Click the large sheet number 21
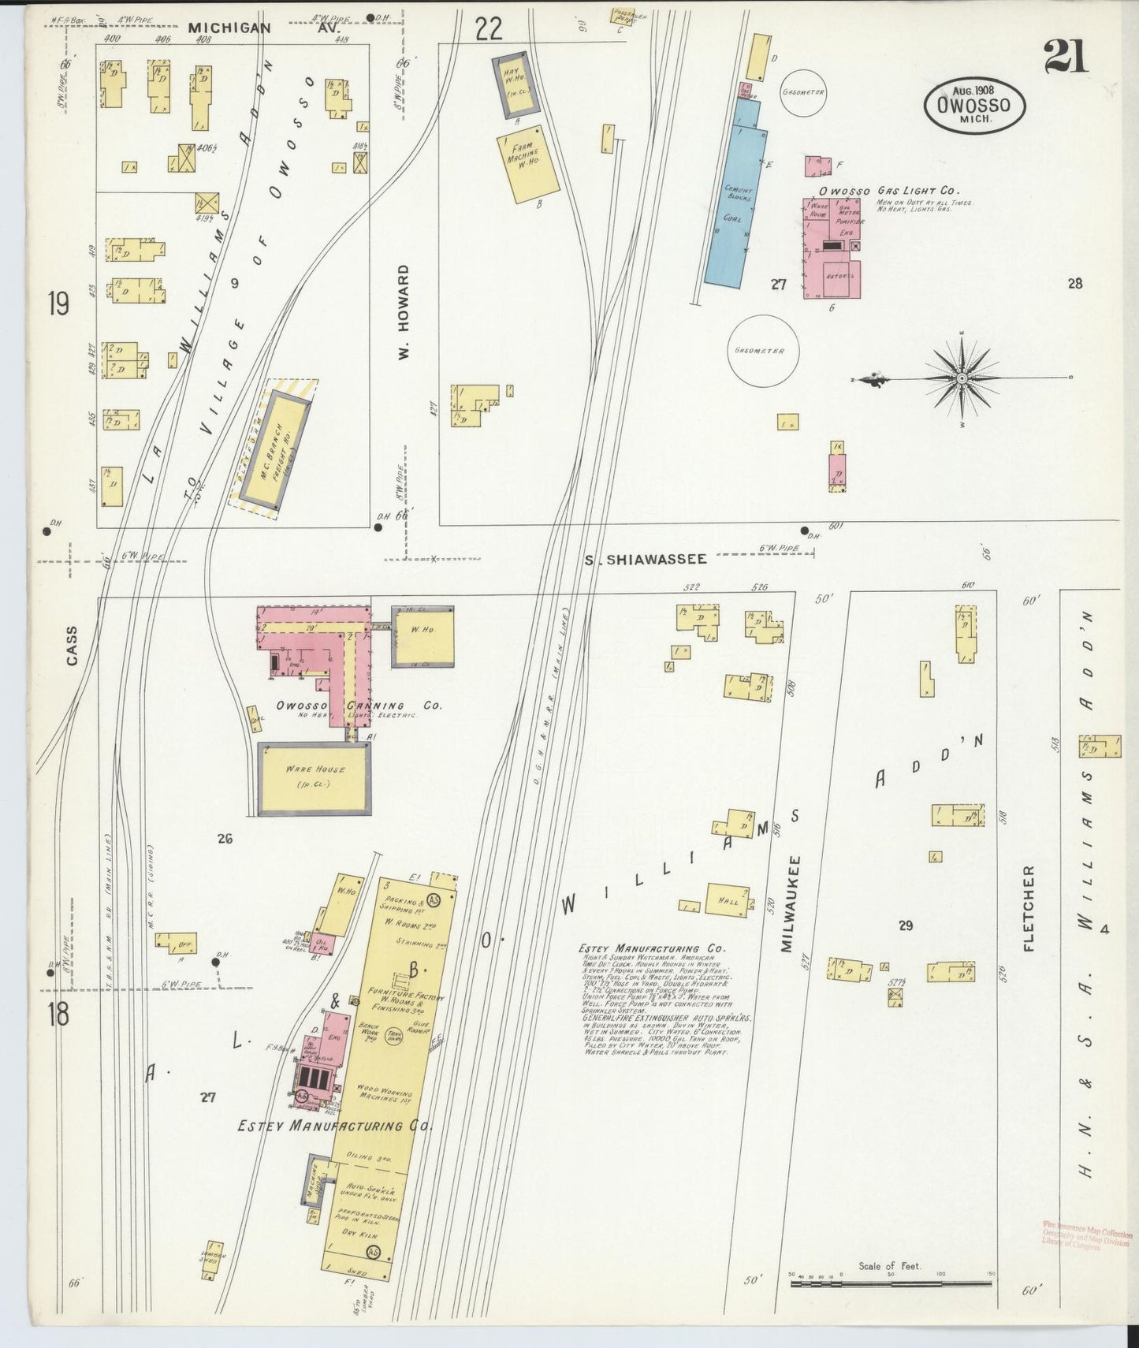point(1065,56)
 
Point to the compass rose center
point(962,380)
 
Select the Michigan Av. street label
point(229,28)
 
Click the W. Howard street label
point(404,313)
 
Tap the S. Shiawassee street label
point(646,559)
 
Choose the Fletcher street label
point(1029,908)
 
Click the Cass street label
point(73,646)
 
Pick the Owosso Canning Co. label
point(359,706)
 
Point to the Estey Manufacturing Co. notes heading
point(651,949)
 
